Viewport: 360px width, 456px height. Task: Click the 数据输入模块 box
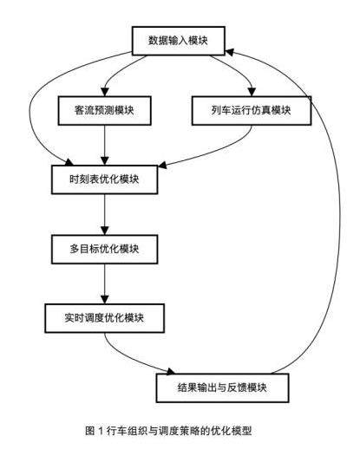point(179,41)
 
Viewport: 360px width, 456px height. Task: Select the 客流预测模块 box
point(104,110)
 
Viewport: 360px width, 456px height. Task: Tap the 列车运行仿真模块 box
point(252,110)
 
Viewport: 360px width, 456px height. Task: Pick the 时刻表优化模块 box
point(104,179)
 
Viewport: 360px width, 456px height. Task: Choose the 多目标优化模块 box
point(104,249)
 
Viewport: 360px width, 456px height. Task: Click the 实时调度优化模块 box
point(104,318)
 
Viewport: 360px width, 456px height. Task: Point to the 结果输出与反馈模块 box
point(222,388)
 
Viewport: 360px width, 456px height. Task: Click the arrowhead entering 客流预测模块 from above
point(104,92)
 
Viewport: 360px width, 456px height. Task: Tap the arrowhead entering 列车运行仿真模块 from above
point(252,92)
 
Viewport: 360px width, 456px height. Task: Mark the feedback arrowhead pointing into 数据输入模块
point(230,52)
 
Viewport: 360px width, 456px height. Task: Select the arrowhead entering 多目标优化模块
point(104,231)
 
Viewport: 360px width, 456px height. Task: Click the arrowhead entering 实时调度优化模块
point(104,300)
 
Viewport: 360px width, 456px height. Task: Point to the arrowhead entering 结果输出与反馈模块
point(171,371)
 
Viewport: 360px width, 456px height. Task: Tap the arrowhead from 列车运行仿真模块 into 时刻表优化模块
point(162,166)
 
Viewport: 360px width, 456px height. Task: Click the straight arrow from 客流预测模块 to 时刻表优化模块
point(104,145)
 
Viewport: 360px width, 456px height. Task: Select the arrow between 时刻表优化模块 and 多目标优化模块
point(104,214)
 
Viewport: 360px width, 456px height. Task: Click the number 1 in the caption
point(101,430)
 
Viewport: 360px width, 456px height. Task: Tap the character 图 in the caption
point(90,431)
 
